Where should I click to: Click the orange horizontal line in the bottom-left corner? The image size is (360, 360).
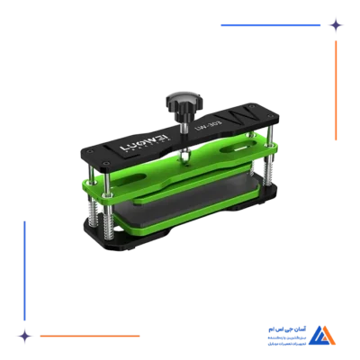(x=90, y=336)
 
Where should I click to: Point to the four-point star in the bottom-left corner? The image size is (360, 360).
(x=25, y=336)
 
